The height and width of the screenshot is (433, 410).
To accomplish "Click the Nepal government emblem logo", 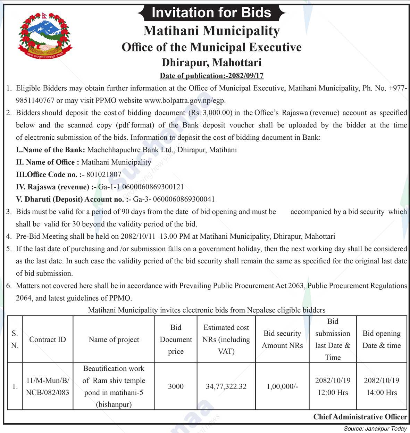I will [44, 36].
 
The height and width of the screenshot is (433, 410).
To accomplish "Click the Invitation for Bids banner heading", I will [211, 13].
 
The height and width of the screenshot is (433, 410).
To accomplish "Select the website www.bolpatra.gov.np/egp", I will [185, 101].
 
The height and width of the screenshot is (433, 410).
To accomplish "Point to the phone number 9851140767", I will [35, 101].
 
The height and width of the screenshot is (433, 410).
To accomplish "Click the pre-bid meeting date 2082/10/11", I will [138, 237].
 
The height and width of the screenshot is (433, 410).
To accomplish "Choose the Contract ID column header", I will [48, 340].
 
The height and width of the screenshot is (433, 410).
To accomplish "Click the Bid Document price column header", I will [176, 340].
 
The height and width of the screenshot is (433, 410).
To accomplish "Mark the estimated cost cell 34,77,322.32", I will [226, 386].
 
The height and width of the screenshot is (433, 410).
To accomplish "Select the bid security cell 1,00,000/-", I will [282, 386].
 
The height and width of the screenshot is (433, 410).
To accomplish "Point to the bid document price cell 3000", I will [176, 386].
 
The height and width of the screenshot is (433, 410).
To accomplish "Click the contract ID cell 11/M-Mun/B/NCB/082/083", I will [48, 386].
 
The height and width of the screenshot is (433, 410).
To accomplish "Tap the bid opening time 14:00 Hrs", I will [382, 393].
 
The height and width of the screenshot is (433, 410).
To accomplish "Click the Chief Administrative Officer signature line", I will [360, 417].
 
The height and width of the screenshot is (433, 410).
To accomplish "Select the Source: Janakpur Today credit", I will [375, 429].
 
